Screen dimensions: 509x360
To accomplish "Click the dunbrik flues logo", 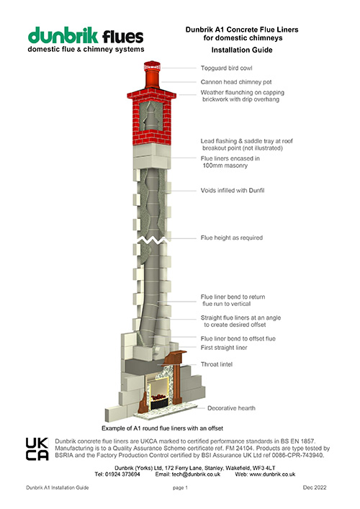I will [x=86, y=40].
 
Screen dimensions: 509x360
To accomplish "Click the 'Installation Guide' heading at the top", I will [x=241, y=52].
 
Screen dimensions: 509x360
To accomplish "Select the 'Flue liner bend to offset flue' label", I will [x=248, y=338].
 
